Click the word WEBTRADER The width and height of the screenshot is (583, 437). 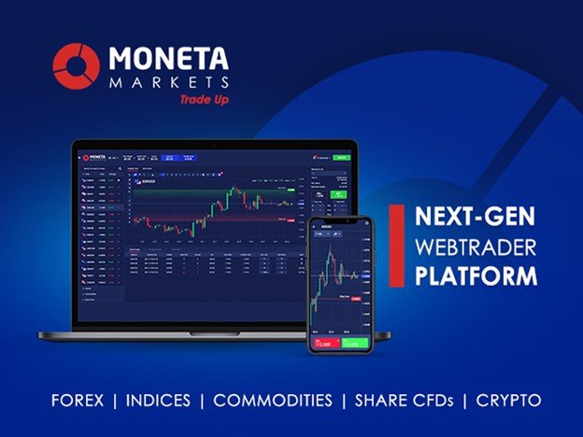[x=474, y=249]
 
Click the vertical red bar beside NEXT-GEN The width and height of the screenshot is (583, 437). [x=396, y=249]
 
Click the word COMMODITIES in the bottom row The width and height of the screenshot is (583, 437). [x=273, y=401]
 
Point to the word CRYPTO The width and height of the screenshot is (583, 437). [x=509, y=401]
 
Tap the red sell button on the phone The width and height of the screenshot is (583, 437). [x=324, y=345]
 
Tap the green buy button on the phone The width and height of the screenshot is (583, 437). [x=355, y=345]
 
